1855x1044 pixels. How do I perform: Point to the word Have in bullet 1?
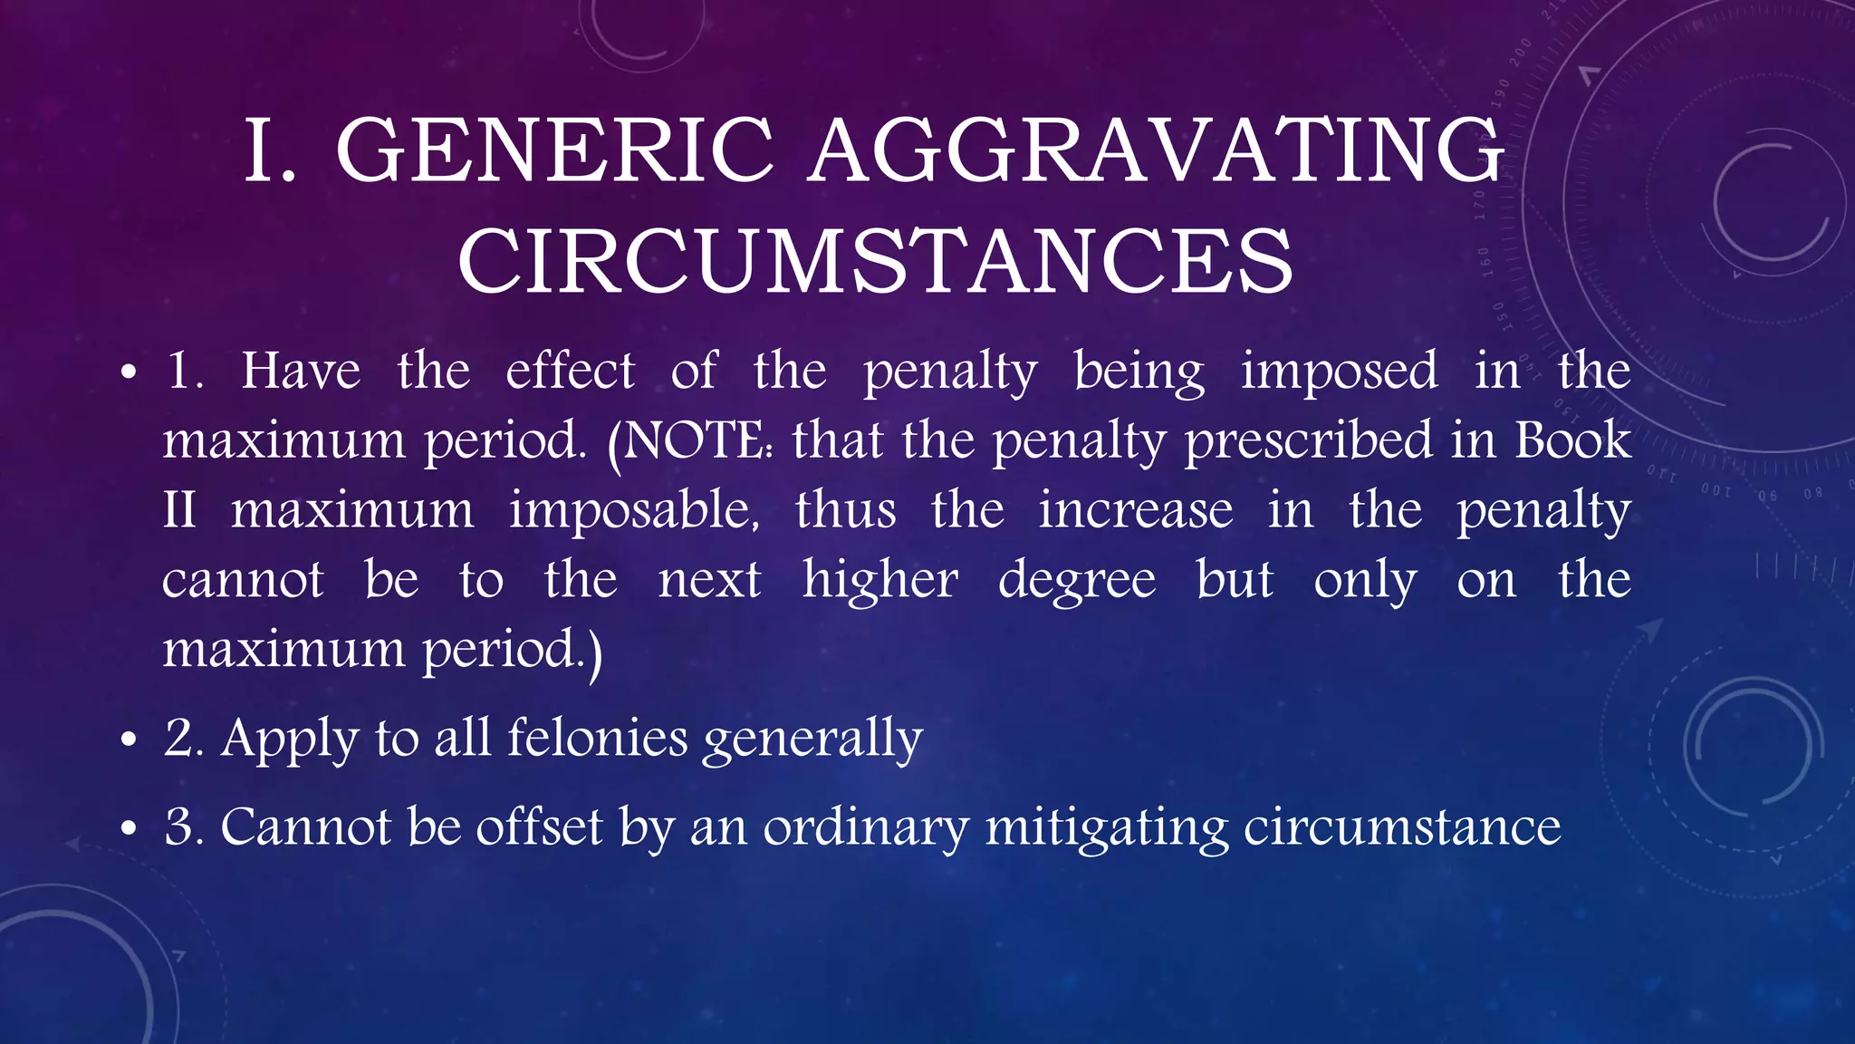(x=301, y=371)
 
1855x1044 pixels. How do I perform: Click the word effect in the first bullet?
(x=570, y=371)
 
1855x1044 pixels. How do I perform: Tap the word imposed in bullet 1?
(x=1339, y=371)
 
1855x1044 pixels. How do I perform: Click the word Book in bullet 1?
(x=1573, y=440)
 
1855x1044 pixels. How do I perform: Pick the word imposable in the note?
(x=634, y=510)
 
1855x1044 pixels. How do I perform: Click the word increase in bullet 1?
(x=1136, y=510)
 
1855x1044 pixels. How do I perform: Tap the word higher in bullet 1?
(x=879, y=580)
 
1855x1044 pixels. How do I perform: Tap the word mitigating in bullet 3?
(x=1107, y=828)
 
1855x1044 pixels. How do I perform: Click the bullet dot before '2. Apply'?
(x=129, y=740)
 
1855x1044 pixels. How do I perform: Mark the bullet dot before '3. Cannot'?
(x=129, y=829)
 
